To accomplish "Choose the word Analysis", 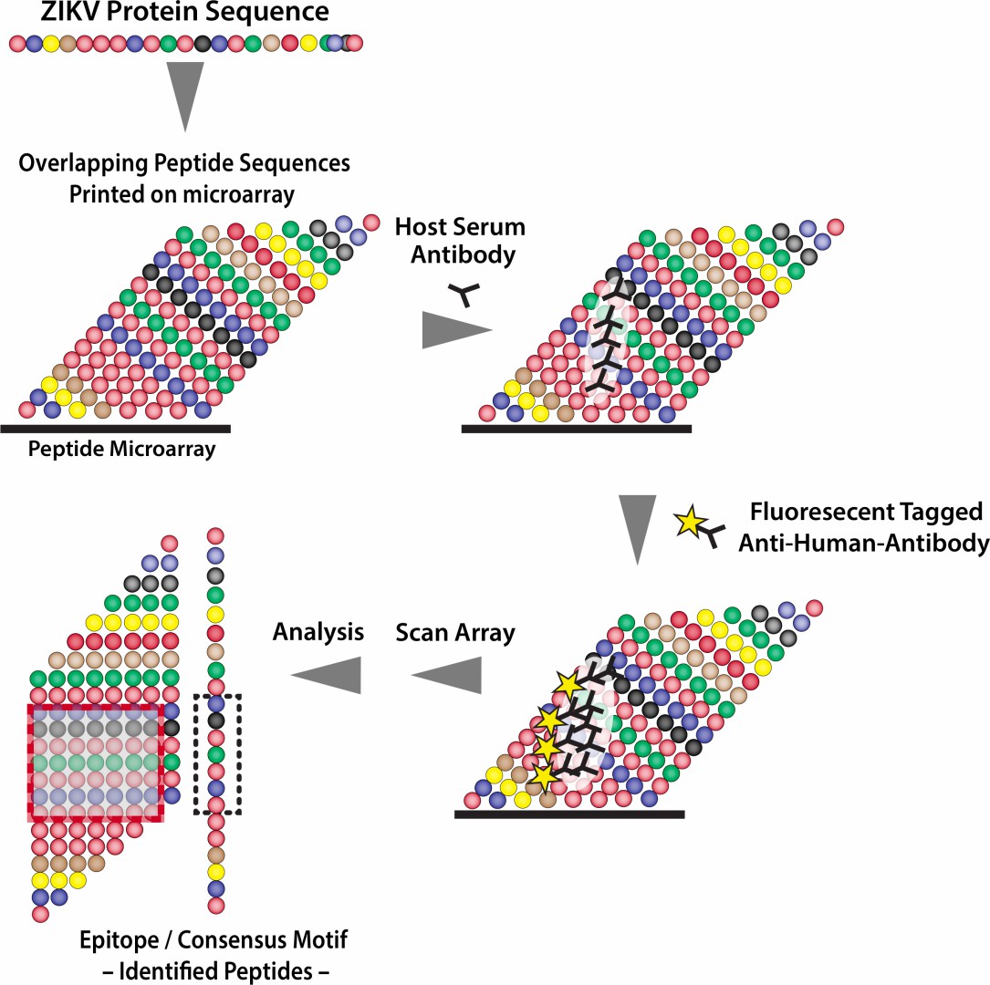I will (x=319, y=631).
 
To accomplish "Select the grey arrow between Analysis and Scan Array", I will (x=446, y=675).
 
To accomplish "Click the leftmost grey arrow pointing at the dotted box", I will (x=325, y=675).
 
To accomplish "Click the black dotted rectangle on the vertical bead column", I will (x=217, y=753).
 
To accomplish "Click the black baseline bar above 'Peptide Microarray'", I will (x=115, y=427).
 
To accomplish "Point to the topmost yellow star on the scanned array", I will (x=568, y=682).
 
